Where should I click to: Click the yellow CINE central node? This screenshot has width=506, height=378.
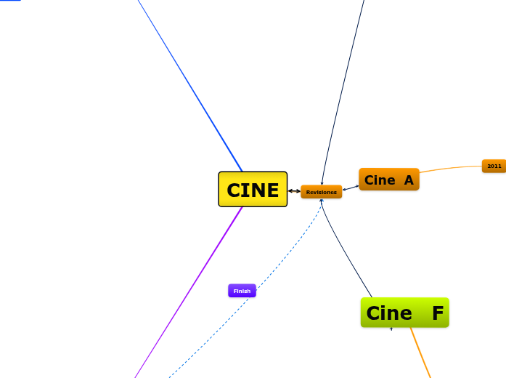(253, 190)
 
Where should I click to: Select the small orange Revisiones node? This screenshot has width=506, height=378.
(321, 192)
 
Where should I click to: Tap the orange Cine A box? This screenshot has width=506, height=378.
(388, 180)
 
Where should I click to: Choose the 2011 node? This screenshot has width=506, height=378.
(494, 166)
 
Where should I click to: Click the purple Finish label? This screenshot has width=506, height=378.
(242, 291)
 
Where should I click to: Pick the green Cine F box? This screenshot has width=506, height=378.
(404, 313)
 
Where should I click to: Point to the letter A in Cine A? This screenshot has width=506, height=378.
(409, 180)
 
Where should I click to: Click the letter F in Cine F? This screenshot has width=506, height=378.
(437, 313)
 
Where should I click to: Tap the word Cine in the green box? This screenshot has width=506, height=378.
(389, 313)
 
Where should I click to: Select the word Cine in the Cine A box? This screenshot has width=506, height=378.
(380, 180)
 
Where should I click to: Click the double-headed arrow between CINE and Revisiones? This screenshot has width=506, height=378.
(294, 191)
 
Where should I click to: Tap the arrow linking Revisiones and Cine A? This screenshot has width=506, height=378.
(351, 188)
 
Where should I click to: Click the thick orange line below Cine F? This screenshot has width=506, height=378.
(420, 353)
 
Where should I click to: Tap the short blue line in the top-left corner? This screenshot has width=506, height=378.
(10, 1)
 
